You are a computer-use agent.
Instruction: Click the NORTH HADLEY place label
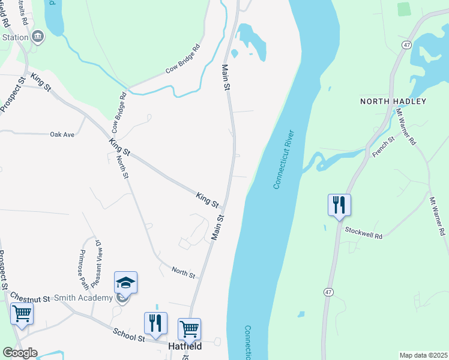[x=393, y=101]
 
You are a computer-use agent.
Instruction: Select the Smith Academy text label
[x=86, y=298]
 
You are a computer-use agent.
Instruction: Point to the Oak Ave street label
[x=62, y=134]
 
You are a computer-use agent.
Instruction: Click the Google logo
[x=19, y=353]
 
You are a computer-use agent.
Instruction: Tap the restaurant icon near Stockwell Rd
[x=339, y=204]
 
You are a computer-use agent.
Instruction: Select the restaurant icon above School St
[x=155, y=323]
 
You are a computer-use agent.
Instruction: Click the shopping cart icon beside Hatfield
[x=189, y=328]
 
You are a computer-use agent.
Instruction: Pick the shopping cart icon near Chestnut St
[x=22, y=313]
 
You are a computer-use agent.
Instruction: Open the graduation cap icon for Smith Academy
[x=125, y=282]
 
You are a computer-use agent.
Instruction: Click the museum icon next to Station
[x=38, y=37]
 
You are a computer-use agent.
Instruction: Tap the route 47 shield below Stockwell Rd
[x=328, y=292]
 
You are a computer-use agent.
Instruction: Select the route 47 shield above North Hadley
[x=407, y=45]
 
